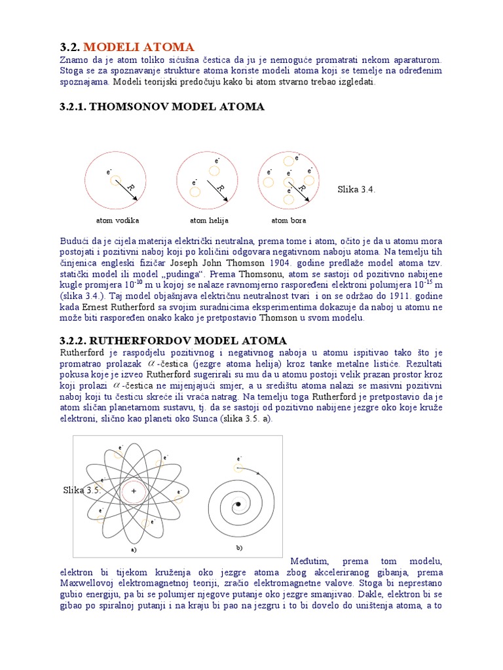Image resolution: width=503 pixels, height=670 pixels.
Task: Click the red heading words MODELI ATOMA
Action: pos(138,47)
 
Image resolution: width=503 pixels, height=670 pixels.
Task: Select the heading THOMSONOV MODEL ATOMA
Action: pos(162,107)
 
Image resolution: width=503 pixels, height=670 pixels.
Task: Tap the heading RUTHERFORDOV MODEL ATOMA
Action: pos(173,340)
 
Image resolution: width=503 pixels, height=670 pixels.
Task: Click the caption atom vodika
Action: pos(117,220)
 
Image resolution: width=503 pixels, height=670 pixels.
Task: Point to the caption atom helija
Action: pos(209,220)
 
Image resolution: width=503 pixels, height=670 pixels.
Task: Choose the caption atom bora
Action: pos(288,220)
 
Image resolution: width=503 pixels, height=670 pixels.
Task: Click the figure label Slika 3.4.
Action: pos(356,189)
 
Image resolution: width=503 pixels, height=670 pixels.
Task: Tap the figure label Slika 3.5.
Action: pos(81,490)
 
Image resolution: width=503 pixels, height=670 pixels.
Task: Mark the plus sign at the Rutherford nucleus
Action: pos(134,490)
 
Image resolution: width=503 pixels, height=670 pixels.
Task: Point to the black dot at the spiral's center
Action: pos(238,504)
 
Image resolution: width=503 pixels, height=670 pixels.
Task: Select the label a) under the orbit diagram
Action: pos(134,550)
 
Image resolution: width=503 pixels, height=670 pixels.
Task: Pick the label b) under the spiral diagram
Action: pos(239,546)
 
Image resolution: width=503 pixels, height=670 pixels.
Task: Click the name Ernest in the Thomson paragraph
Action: pos(94,306)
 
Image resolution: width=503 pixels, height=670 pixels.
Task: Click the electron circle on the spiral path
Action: pos(238,468)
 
